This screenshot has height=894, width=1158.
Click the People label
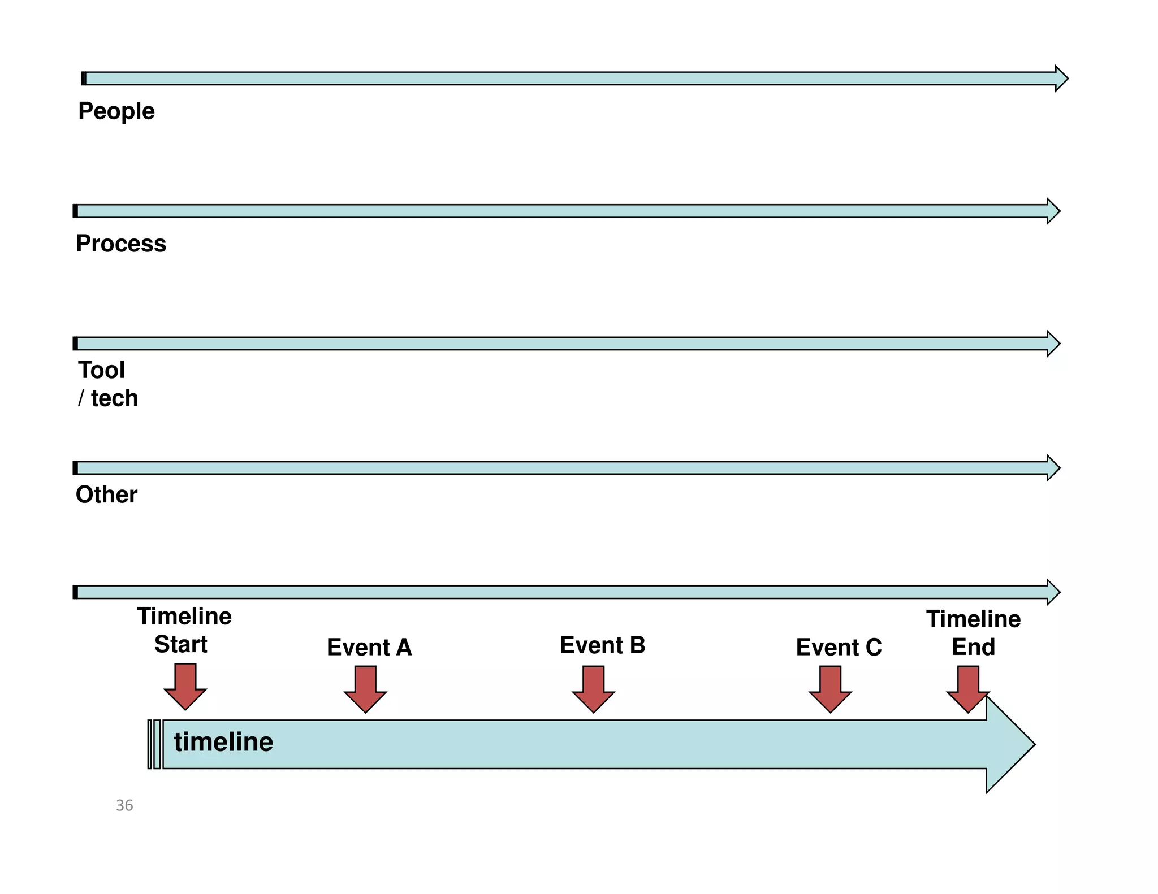click(x=116, y=111)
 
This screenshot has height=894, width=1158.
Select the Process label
click(x=121, y=244)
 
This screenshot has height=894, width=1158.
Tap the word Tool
click(x=101, y=370)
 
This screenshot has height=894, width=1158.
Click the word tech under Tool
click(x=114, y=398)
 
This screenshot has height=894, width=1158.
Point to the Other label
click(x=106, y=494)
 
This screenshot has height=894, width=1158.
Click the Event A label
click(x=369, y=647)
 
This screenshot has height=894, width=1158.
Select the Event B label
click(x=602, y=645)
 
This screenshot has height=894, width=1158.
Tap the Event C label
click(x=839, y=647)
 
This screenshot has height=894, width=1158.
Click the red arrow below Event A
click(x=365, y=689)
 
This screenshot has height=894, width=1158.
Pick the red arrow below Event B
click(x=593, y=689)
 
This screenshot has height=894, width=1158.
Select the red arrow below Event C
click(x=830, y=689)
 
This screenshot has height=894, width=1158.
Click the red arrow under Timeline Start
click(x=185, y=687)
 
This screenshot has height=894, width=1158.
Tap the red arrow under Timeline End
click(x=968, y=689)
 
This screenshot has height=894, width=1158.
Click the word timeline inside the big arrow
click(x=223, y=742)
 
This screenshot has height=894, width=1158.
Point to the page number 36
click(x=124, y=805)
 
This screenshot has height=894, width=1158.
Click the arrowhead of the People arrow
click(x=1061, y=79)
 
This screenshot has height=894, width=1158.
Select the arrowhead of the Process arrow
click(x=1053, y=211)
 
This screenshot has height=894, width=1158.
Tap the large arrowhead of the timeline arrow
click(x=1009, y=745)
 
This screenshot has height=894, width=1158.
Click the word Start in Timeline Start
click(x=181, y=645)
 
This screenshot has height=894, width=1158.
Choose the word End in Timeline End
click(x=973, y=647)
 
